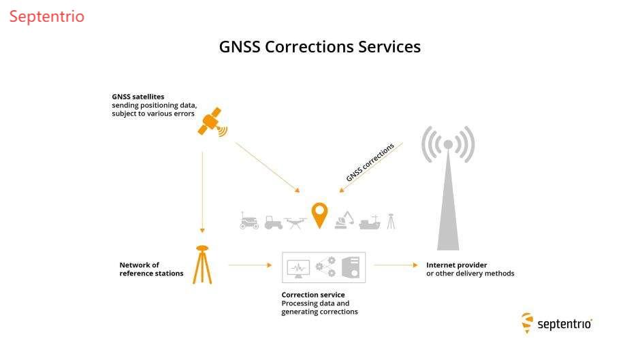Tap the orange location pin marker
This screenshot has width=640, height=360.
[x=319, y=214]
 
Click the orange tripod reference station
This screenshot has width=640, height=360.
[x=202, y=265]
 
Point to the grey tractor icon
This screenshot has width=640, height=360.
[x=274, y=221]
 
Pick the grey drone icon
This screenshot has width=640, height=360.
[x=295, y=221]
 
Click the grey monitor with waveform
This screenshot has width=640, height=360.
[x=298, y=268]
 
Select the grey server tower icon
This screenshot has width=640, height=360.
[x=351, y=267]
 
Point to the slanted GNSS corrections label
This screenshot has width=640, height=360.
[x=370, y=163]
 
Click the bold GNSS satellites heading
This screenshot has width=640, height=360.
[x=138, y=97]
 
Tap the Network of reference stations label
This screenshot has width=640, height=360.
[x=151, y=269]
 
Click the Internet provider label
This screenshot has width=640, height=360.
[x=457, y=265]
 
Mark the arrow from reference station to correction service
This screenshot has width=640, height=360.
[x=250, y=265]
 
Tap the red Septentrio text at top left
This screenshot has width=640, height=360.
[x=47, y=16]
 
